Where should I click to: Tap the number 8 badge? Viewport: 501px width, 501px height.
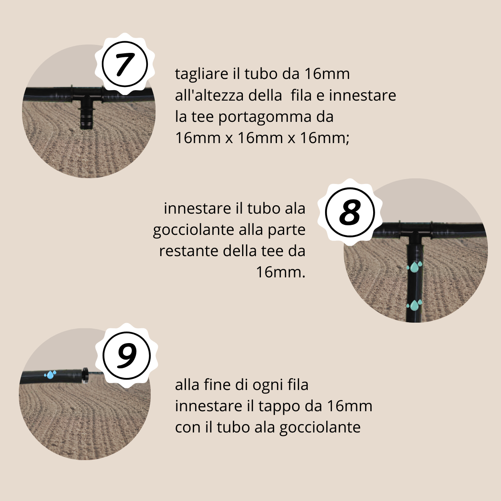click(350, 212)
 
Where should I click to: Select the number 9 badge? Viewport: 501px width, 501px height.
click(126, 355)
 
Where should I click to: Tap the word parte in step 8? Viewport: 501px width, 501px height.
click(287, 230)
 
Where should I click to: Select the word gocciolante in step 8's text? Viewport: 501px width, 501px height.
click(194, 230)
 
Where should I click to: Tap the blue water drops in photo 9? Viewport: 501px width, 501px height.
click(50, 375)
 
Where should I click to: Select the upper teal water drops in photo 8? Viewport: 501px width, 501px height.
click(414, 267)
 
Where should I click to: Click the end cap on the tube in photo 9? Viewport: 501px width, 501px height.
click(85, 375)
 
